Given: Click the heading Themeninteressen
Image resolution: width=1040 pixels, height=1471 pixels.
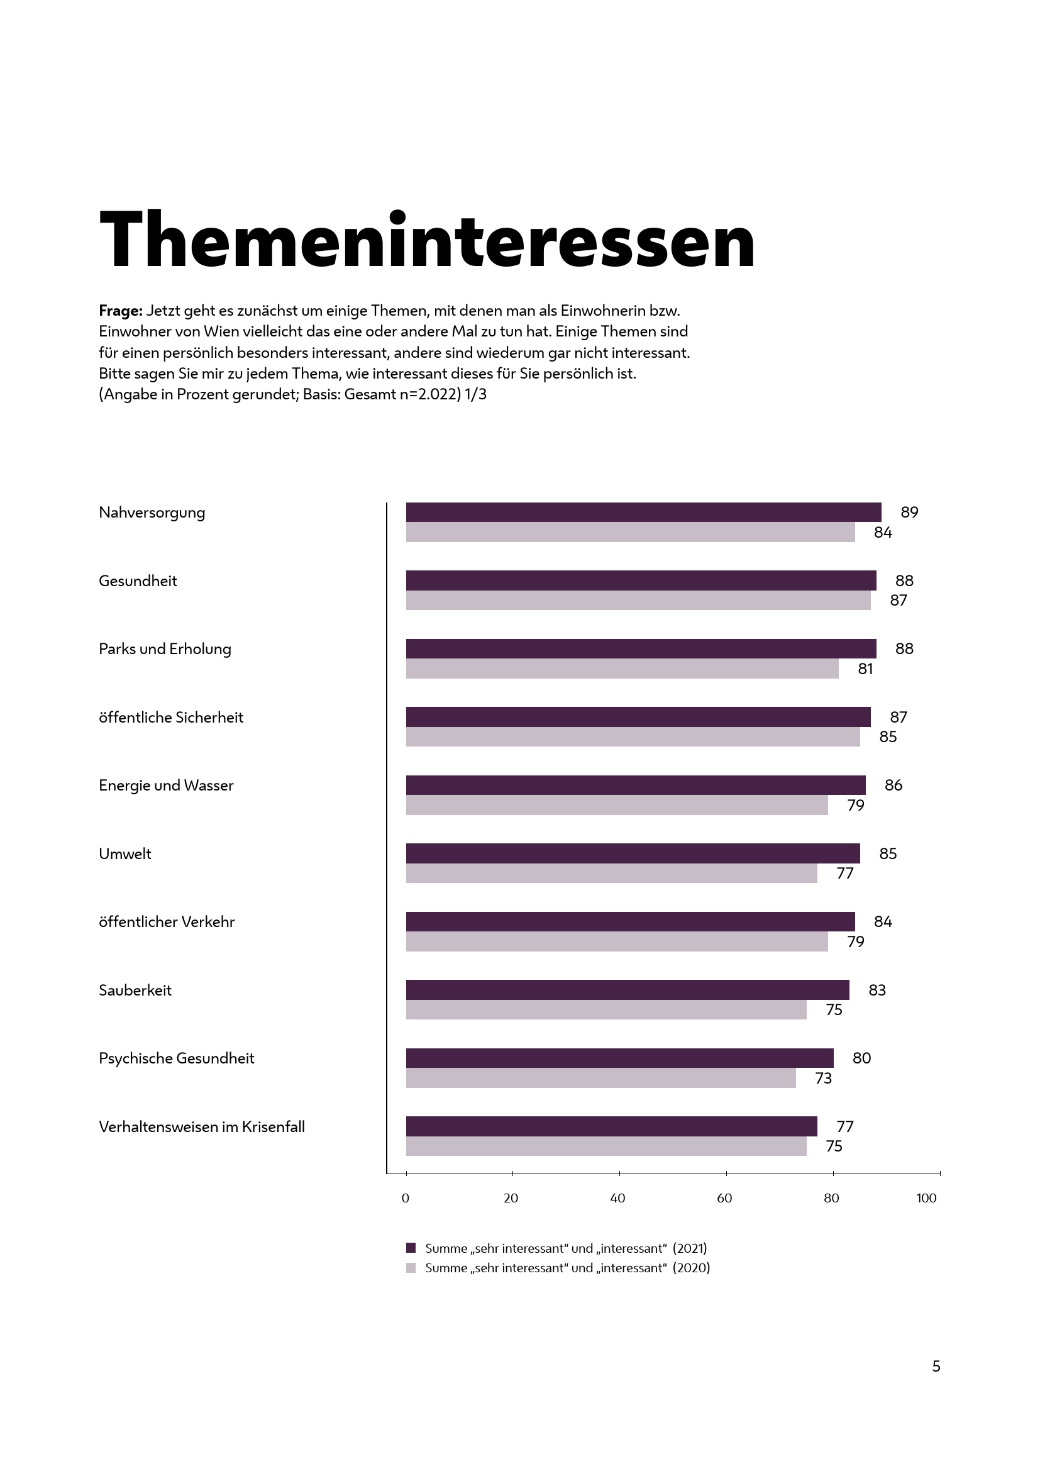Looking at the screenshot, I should point(427,240).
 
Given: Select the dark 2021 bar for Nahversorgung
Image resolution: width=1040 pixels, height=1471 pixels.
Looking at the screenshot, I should point(643,512).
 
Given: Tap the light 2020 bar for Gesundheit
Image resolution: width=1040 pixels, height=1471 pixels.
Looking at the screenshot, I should point(638,601).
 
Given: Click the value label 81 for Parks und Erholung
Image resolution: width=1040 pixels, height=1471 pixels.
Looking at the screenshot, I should point(865,669).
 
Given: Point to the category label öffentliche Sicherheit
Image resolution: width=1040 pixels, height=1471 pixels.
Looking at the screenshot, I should point(171,717).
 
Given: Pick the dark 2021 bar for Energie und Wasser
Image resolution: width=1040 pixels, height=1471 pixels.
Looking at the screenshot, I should point(635,785).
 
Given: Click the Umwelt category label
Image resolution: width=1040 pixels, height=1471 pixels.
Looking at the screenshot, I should point(125,853).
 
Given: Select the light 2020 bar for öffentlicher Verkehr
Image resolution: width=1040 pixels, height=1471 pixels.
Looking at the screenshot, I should point(617,941).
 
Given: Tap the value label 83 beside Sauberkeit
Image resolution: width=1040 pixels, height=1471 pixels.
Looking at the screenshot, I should point(877,990).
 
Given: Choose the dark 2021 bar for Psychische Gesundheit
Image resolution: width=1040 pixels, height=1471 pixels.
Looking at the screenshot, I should point(619,1058).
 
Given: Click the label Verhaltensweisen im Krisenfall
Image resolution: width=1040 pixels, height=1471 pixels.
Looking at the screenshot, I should point(202,1126).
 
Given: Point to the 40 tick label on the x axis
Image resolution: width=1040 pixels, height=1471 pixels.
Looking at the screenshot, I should point(617,1198).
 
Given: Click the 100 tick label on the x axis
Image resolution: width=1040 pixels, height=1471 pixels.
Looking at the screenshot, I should point(926,1198).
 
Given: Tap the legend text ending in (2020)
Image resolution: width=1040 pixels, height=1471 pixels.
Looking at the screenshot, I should point(567,1268).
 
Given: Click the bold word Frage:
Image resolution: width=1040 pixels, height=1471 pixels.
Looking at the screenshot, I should point(120,311).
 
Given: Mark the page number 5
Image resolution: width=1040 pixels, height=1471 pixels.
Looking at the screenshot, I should point(936,1367).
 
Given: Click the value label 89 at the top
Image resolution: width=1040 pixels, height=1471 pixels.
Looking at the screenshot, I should point(909,512).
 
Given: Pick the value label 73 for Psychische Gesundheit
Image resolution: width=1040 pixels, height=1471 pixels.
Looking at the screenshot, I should point(823,1079).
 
